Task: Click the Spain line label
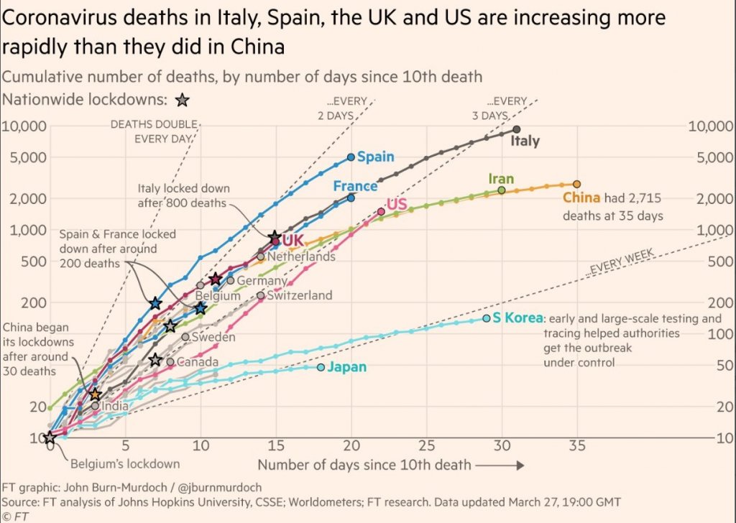point(375,157)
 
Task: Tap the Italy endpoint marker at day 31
point(516,129)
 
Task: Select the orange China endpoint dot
point(576,184)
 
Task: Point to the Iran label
point(501,179)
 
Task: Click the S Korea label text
point(517,318)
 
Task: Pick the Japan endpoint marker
point(321,367)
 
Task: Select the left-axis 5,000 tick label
point(24,157)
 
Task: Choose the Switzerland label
point(299,295)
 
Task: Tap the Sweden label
point(214,336)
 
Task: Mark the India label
point(115,407)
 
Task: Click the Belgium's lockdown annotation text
point(124,463)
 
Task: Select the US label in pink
point(397,205)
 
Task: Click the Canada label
point(198,362)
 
